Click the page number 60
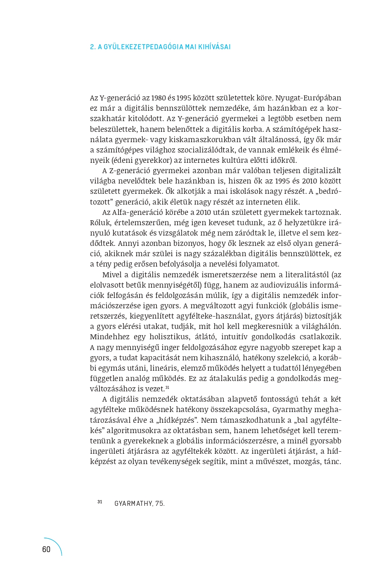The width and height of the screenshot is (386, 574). coord(46,549)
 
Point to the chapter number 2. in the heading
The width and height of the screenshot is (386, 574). coord(92,47)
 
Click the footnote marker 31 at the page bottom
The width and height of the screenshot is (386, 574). coord(100,502)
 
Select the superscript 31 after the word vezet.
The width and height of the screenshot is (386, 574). coord(167,388)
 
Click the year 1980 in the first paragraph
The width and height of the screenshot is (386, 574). coord(159,98)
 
